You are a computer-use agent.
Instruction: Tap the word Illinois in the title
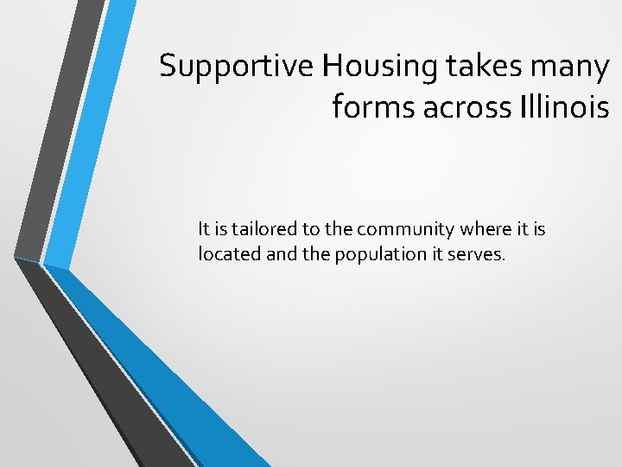pyautogui.click(x=564, y=108)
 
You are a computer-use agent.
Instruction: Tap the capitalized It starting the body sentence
pyautogui.click(x=204, y=229)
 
